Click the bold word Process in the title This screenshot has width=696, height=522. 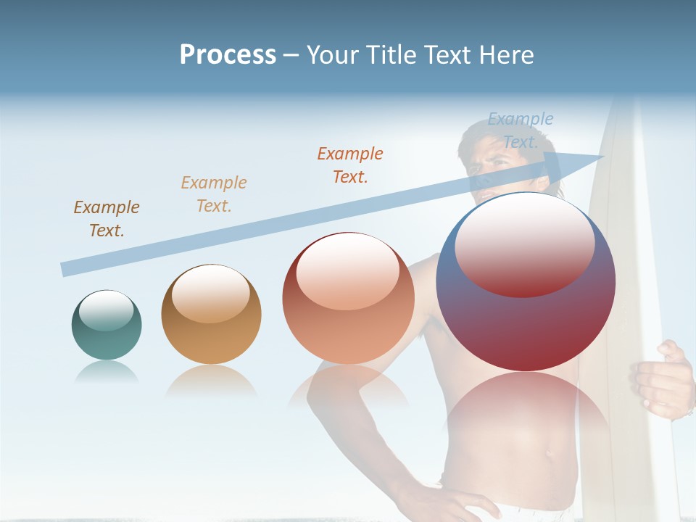pyautogui.click(x=228, y=55)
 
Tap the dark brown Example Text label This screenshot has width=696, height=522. pyautogui.click(x=107, y=219)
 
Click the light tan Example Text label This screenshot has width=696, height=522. pyautogui.click(x=214, y=194)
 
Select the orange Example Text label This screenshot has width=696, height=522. pyautogui.click(x=350, y=165)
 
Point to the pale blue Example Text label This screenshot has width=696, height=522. pyautogui.click(x=520, y=130)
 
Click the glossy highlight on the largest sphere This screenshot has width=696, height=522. pyautogui.click(x=525, y=246)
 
